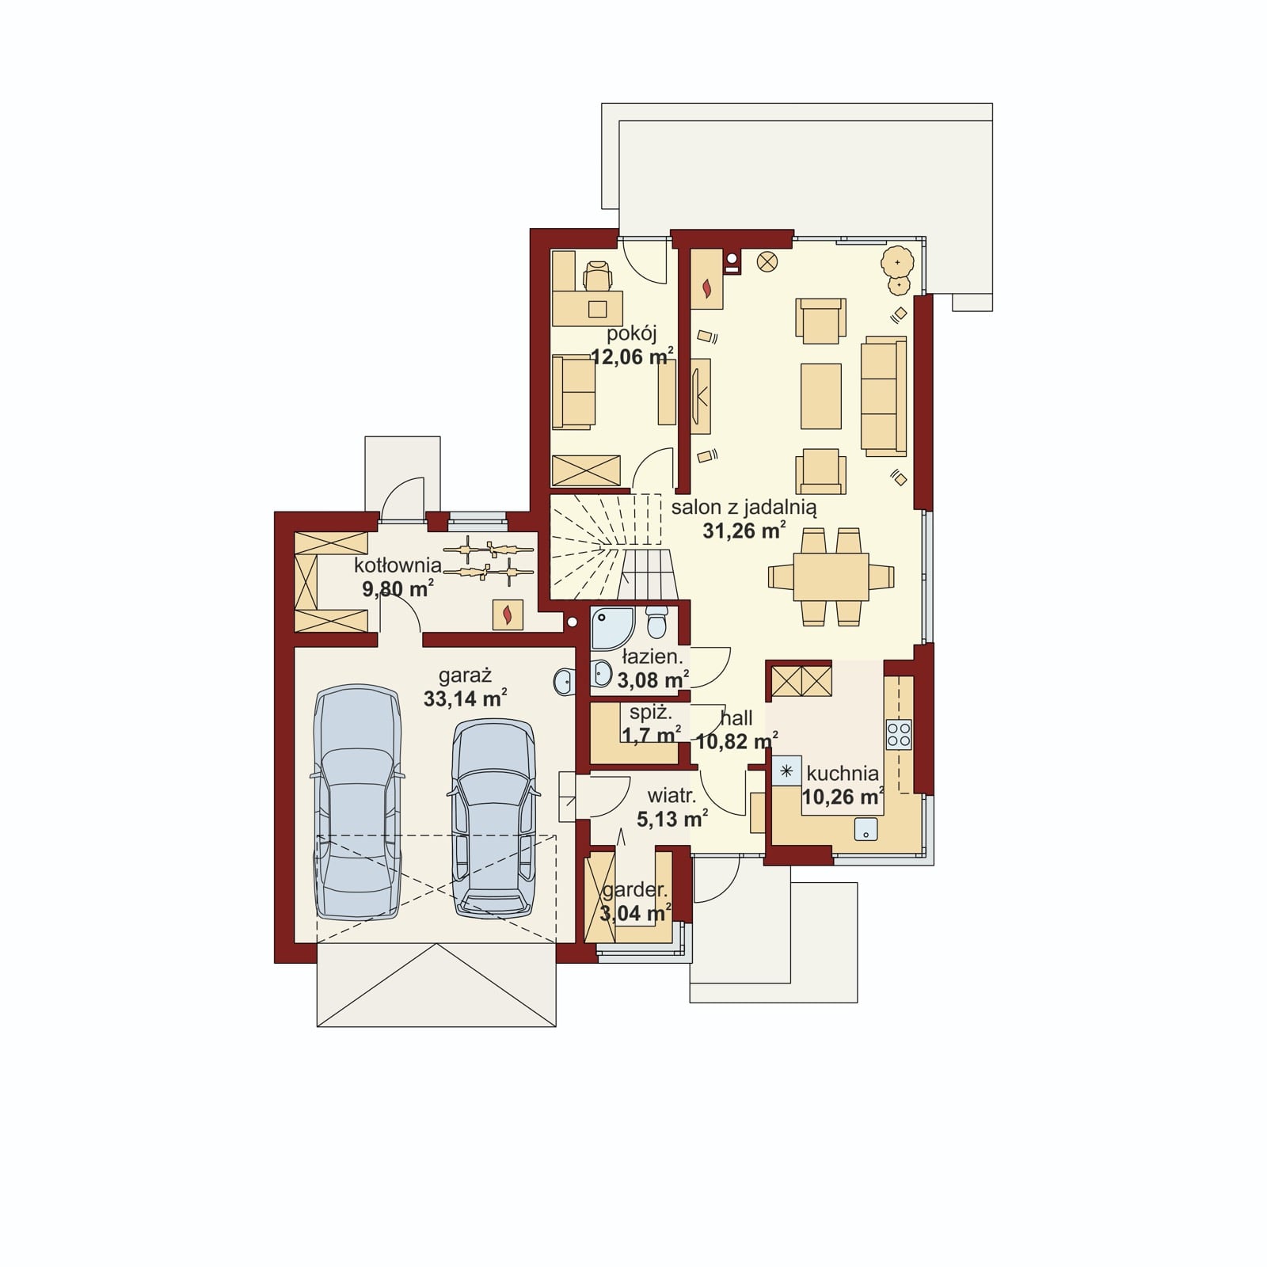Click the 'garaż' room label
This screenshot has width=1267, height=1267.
click(466, 676)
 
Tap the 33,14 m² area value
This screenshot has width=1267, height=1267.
click(465, 698)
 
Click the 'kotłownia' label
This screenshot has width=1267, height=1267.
click(398, 565)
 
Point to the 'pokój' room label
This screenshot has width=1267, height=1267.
click(632, 333)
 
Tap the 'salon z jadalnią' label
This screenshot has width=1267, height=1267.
click(744, 508)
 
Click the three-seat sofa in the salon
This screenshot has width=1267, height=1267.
click(884, 396)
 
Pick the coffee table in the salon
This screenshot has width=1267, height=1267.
click(821, 396)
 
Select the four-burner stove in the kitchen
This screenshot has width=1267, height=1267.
click(899, 734)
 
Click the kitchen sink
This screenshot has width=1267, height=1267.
click(866, 829)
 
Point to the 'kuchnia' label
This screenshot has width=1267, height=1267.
click(843, 773)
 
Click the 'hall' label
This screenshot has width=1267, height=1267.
click(736, 718)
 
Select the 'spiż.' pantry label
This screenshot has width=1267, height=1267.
click(651, 713)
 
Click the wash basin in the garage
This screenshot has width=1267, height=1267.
click(564, 680)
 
